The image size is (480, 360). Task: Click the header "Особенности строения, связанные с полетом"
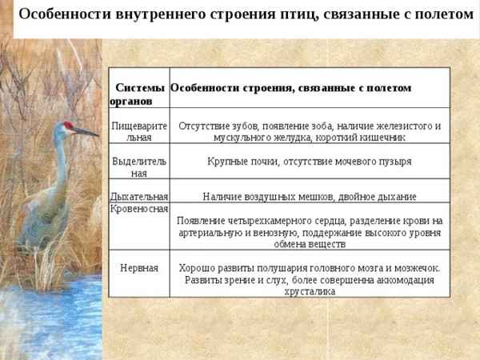coord(291,87)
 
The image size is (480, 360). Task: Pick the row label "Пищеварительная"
coord(138,132)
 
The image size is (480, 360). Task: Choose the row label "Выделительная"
coord(138,166)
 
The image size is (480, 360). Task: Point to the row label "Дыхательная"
coord(138,196)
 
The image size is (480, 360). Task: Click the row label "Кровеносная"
coord(138,209)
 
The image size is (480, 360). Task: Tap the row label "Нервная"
coord(138,267)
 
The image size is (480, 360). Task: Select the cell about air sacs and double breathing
coord(309,196)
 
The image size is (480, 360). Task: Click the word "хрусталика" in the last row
coord(309,292)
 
